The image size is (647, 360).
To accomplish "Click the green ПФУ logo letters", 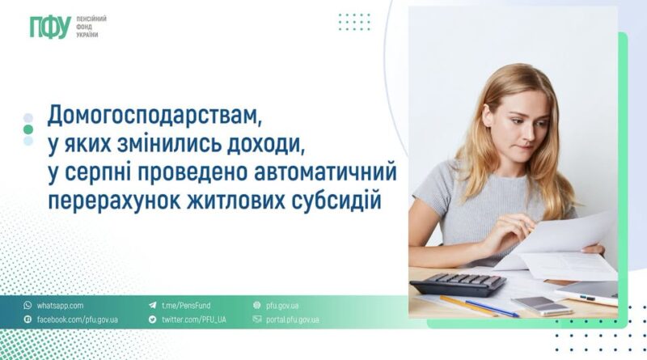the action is (50, 28).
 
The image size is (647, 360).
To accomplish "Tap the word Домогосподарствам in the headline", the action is (154, 116).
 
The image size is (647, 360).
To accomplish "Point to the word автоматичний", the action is (325, 172).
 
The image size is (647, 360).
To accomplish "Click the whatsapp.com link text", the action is (60, 306).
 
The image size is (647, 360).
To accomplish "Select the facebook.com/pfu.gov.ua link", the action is (77, 320).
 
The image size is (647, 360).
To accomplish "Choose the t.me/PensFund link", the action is (186, 306).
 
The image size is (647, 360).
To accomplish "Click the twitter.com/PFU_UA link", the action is (193, 320).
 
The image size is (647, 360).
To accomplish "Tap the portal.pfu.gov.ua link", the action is (292, 320).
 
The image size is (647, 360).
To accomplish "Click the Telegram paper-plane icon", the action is (153, 306).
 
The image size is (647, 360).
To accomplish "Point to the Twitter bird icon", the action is (153, 320).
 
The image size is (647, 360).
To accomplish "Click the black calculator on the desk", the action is (458, 284).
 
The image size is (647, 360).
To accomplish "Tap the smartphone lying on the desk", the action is (541, 306).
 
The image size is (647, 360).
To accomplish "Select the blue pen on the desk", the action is (492, 308).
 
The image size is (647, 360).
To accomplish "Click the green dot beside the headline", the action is (28, 129).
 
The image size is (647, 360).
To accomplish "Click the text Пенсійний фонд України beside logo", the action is (91, 28).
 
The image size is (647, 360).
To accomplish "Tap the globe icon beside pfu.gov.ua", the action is (257, 306).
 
